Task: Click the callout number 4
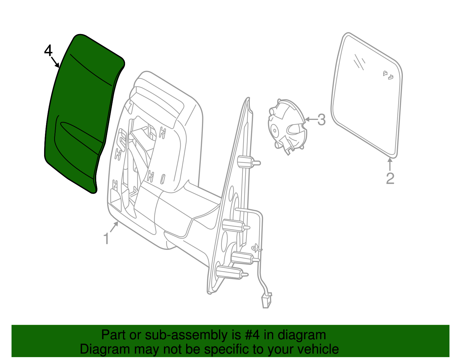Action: (x=48, y=51)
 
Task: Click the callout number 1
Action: (x=106, y=239)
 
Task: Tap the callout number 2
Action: (x=390, y=178)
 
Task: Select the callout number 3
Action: (x=322, y=119)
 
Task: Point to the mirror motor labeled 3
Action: (x=287, y=126)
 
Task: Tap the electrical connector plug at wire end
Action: (x=266, y=300)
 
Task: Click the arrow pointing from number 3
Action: (x=310, y=119)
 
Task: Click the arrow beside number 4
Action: (x=55, y=62)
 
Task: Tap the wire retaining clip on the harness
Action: (x=256, y=248)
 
